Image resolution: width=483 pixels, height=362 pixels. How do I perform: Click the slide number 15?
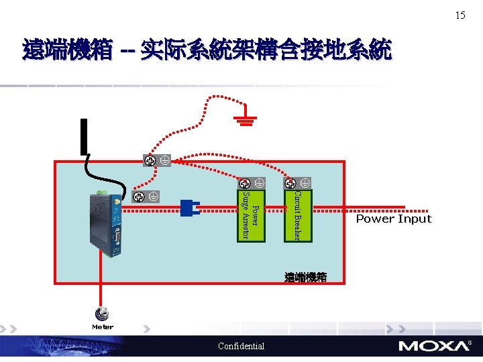point(460,15)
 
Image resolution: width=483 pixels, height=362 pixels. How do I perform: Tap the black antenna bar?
point(85,137)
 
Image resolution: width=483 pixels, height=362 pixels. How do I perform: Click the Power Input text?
point(393,219)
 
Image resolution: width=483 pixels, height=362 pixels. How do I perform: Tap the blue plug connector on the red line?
point(190,208)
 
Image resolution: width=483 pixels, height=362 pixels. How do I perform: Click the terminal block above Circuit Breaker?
point(297,182)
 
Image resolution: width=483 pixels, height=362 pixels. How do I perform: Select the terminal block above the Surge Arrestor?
point(251,182)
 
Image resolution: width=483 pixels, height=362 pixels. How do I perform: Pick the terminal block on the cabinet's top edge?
point(157,160)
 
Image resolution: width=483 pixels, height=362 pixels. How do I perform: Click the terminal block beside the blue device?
point(145,196)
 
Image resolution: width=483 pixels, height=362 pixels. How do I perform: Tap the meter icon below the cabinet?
point(103,314)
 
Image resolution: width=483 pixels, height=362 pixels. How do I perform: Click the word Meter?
point(103,327)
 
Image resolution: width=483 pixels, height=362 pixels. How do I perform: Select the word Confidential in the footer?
point(241,346)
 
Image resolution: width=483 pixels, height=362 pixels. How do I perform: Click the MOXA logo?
point(434,346)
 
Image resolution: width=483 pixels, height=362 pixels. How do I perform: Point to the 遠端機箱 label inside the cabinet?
point(305,277)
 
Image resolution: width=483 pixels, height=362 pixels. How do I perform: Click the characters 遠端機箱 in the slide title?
point(67,50)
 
